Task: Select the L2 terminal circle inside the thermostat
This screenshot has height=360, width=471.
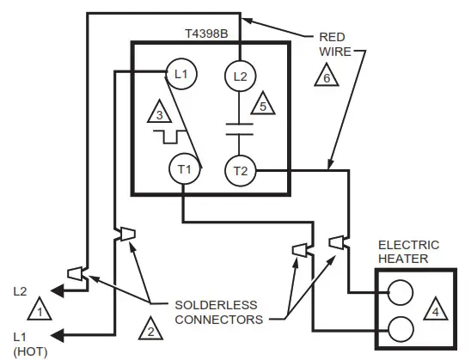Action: click(x=241, y=77)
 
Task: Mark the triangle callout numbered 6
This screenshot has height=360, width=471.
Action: click(x=332, y=75)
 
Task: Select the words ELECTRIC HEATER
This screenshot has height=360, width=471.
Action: click(x=408, y=251)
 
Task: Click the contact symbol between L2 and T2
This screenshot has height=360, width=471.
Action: click(x=241, y=128)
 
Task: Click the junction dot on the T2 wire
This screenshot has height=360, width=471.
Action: click(x=332, y=170)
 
